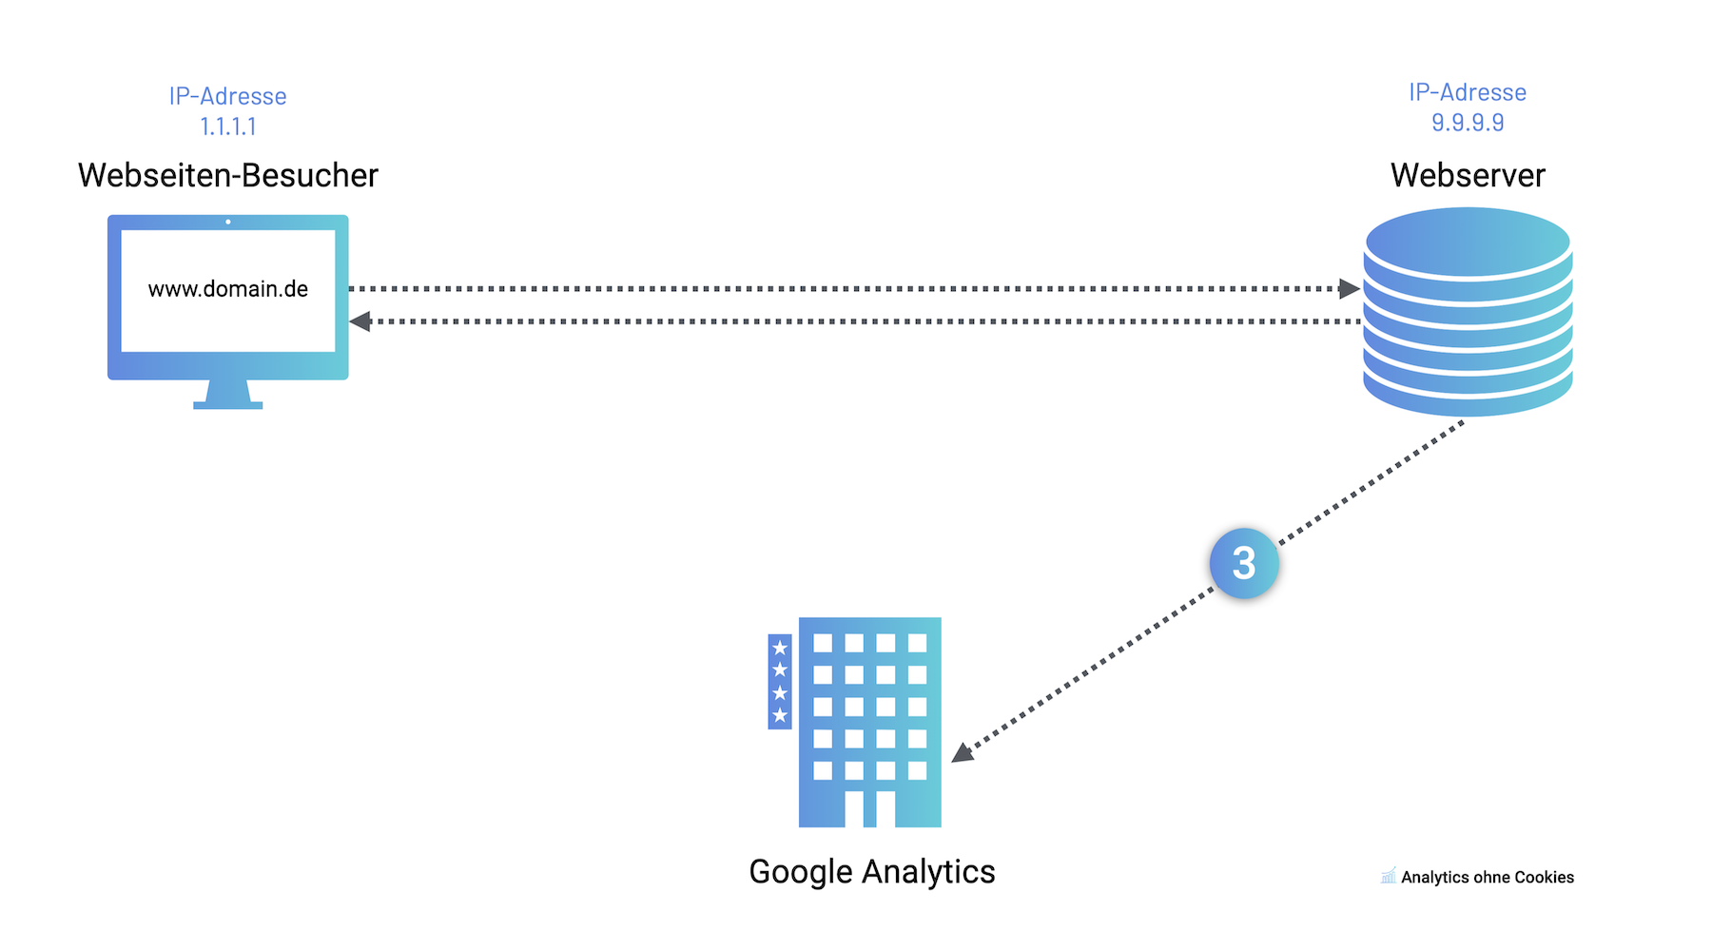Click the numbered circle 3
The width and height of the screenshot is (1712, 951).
pyautogui.click(x=1244, y=563)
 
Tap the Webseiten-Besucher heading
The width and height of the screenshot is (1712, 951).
pyautogui.click(x=228, y=175)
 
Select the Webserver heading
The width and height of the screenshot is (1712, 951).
pyautogui.click(x=1468, y=175)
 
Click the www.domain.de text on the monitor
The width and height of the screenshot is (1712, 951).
pyautogui.click(x=228, y=289)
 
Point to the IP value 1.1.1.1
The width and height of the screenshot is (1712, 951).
pyautogui.click(x=228, y=126)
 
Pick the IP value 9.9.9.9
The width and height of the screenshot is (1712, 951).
pyautogui.click(x=1468, y=123)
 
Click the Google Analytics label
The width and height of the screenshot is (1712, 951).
pyautogui.click(x=871, y=871)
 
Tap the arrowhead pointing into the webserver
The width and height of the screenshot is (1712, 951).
pyautogui.click(x=1349, y=288)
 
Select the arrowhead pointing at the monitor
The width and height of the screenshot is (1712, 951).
pyautogui.click(x=360, y=321)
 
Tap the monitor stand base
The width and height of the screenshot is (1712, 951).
pyautogui.click(x=228, y=405)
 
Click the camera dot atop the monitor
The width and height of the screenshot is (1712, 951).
pyautogui.click(x=228, y=222)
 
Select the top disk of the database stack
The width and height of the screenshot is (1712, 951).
pyautogui.click(x=1468, y=242)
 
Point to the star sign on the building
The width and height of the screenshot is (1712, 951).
pyautogui.click(x=780, y=681)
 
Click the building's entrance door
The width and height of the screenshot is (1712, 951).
pyautogui.click(x=869, y=808)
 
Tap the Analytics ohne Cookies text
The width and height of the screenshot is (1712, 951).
pyautogui.click(x=1487, y=877)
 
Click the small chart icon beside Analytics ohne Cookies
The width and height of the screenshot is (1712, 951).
pyautogui.click(x=1389, y=875)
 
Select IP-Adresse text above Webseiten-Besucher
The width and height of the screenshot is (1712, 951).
pyautogui.click(x=228, y=96)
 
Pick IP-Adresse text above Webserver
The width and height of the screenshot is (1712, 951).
pyautogui.click(x=1468, y=92)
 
